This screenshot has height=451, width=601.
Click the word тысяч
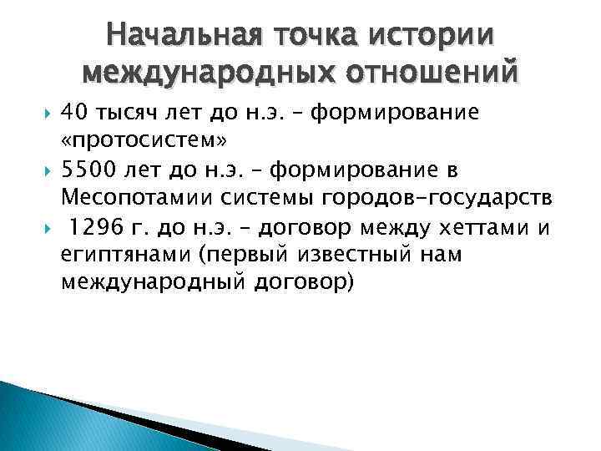129,114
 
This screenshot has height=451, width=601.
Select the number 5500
89,170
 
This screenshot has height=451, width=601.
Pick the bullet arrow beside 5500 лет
45,170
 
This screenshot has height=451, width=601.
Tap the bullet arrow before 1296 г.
45,227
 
